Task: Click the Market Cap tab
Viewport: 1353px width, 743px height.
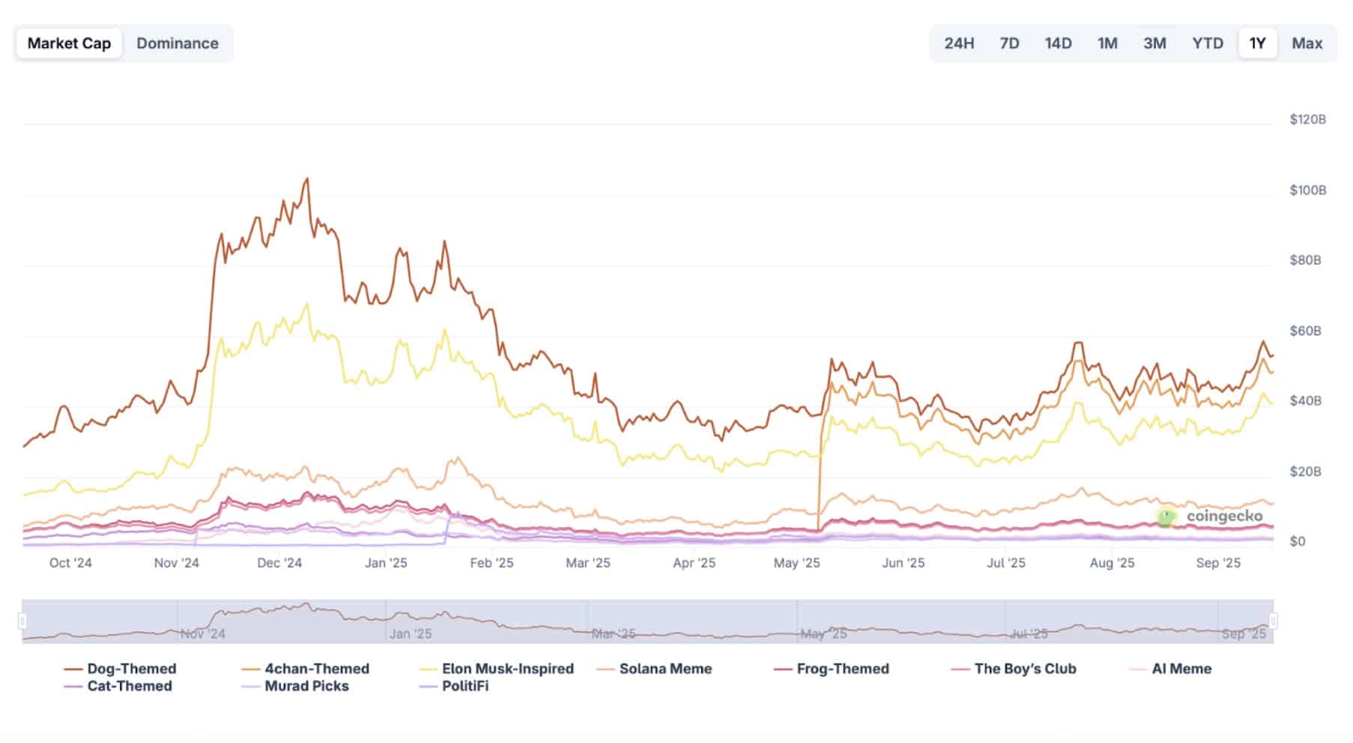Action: click(69, 43)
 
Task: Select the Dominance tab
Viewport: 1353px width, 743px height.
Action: click(178, 43)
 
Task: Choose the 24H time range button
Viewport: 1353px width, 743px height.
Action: click(959, 43)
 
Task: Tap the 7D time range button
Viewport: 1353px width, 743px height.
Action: click(1009, 43)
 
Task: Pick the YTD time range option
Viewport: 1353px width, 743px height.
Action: click(1208, 43)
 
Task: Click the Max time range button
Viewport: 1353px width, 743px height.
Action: click(1307, 43)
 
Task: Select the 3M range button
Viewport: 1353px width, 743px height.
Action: click(1154, 43)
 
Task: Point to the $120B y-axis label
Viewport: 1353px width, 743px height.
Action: click(1308, 120)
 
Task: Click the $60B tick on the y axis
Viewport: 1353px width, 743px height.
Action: click(1305, 331)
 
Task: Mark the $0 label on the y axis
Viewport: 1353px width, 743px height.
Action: click(1298, 542)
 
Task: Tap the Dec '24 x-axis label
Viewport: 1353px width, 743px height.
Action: click(279, 563)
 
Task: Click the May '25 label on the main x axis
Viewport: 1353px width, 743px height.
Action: click(797, 563)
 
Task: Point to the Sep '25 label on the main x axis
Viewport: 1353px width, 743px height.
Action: click(1218, 563)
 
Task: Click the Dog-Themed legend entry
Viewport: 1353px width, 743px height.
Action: click(121, 669)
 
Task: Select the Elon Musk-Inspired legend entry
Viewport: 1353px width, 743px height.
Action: click(497, 669)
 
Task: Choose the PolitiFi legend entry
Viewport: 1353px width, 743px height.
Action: click(454, 686)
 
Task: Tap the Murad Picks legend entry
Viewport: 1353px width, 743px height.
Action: click(296, 686)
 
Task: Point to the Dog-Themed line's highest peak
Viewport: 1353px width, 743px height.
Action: click(306, 179)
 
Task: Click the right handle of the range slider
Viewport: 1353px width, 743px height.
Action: click(1273, 621)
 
